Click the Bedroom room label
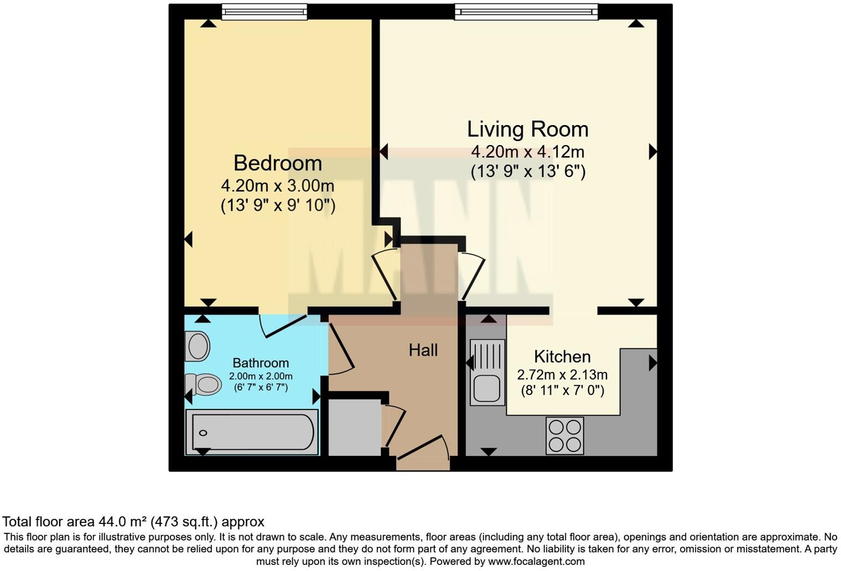click(278, 163)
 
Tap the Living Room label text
click(527, 129)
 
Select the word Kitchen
click(562, 356)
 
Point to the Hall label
click(423, 350)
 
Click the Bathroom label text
click(261, 363)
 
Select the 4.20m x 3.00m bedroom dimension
click(278, 185)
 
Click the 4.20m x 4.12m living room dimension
click(527, 151)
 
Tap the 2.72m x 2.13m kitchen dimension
click(562, 375)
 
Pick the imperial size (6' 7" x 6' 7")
click(261, 387)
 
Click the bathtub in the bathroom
click(252, 432)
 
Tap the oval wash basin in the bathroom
click(198, 346)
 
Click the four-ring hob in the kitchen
click(564, 435)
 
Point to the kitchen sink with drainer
click(487, 372)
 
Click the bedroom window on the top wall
click(264, 12)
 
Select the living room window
click(526, 12)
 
